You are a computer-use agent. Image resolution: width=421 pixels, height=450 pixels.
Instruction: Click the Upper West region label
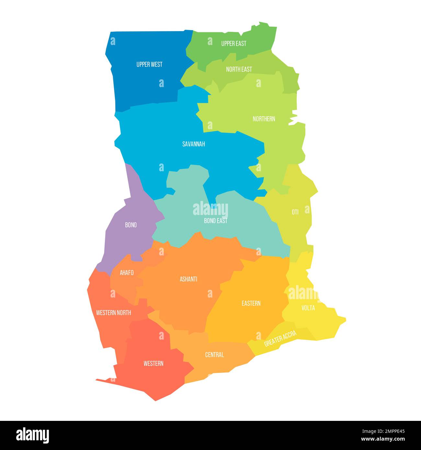(x=149, y=64)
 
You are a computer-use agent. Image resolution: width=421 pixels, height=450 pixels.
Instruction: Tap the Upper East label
(x=233, y=43)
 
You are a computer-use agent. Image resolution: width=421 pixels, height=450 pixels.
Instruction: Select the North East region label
(x=239, y=69)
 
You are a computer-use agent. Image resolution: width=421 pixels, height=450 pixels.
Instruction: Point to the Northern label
(x=264, y=119)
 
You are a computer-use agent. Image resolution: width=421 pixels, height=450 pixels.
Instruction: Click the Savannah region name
(x=193, y=144)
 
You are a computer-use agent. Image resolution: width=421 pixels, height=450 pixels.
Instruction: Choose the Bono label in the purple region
(x=131, y=225)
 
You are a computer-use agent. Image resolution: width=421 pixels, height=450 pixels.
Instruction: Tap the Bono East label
(x=215, y=221)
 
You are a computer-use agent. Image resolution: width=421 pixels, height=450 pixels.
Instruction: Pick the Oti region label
(x=295, y=212)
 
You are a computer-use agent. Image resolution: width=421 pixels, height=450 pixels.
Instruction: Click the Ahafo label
(x=127, y=273)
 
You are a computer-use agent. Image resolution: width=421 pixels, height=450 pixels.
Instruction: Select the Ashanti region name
(x=188, y=279)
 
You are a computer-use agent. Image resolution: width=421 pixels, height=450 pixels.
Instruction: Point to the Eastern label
(x=251, y=303)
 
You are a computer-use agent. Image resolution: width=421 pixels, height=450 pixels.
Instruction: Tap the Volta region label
(x=308, y=308)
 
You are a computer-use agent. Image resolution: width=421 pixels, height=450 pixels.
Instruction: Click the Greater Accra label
(x=280, y=339)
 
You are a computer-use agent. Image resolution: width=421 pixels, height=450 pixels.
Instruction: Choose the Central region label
(x=214, y=355)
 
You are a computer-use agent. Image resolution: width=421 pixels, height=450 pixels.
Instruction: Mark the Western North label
(x=114, y=313)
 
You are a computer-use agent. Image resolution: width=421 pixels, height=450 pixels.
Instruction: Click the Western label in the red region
(x=154, y=364)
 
